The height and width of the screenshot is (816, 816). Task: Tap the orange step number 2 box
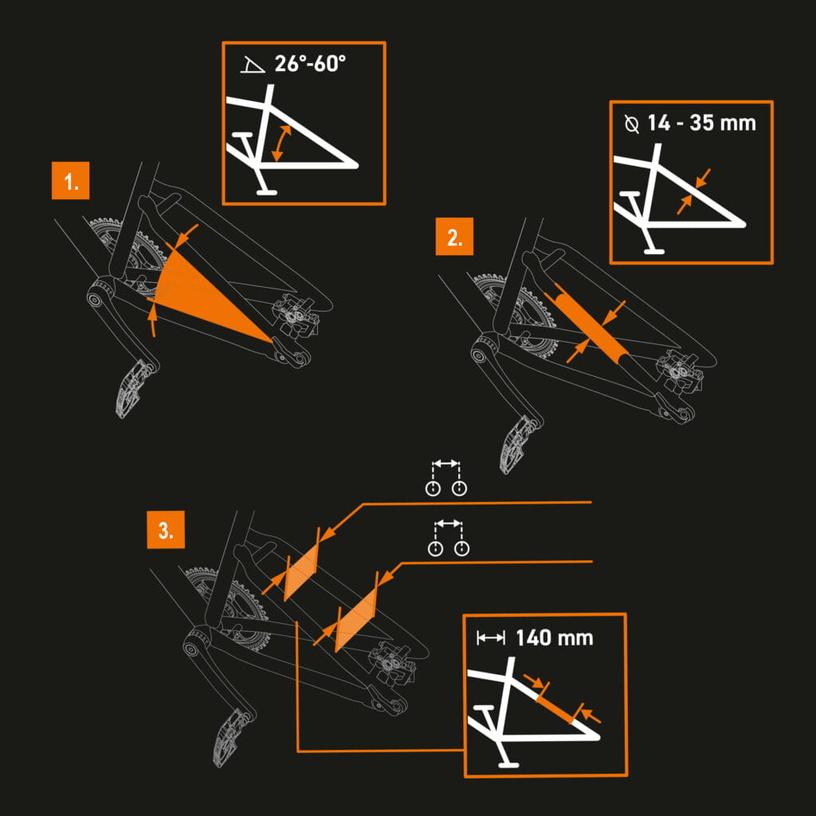pyautogui.click(x=454, y=237)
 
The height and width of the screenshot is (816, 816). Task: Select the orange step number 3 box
pyautogui.click(x=166, y=531)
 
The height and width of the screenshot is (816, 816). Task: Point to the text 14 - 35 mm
pyautogui.click(x=700, y=124)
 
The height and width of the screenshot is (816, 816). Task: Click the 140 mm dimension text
pyautogui.click(x=554, y=637)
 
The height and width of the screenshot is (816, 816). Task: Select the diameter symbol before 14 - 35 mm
pyautogui.click(x=632, y=124)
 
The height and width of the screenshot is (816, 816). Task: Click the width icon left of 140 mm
pyautogui.click(x=490, y=637)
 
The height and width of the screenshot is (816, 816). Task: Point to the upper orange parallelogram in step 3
pyautogui.click(x=301, y=569)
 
